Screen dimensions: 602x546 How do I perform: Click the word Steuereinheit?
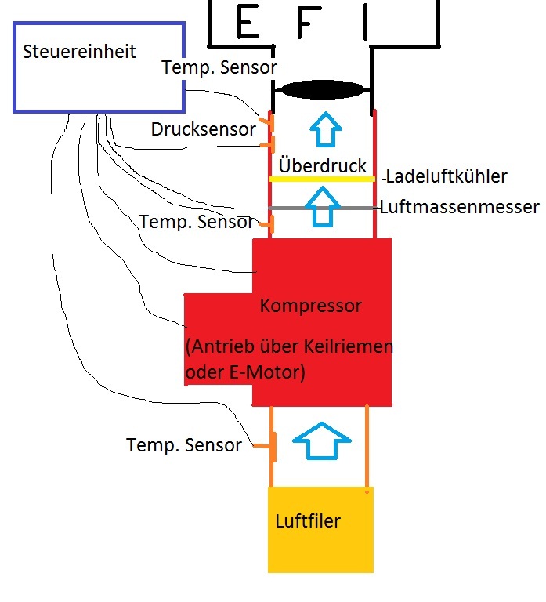coord(79,53)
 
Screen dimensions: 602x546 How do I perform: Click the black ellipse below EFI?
coord(323,89)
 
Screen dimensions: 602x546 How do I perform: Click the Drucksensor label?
coord(204,129)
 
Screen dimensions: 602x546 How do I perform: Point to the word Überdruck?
coord(323,166)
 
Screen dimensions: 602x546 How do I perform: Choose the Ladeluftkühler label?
coord(447,177)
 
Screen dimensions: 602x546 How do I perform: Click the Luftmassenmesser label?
coord(460,207)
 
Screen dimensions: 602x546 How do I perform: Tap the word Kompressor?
coord(311,306)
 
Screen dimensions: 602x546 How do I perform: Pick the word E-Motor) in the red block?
coord(267,372)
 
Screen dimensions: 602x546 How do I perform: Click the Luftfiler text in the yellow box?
coord(308,520)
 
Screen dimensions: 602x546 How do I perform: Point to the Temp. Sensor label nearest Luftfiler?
coord(184,445)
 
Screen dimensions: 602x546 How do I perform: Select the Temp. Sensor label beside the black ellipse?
coord(219,68)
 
